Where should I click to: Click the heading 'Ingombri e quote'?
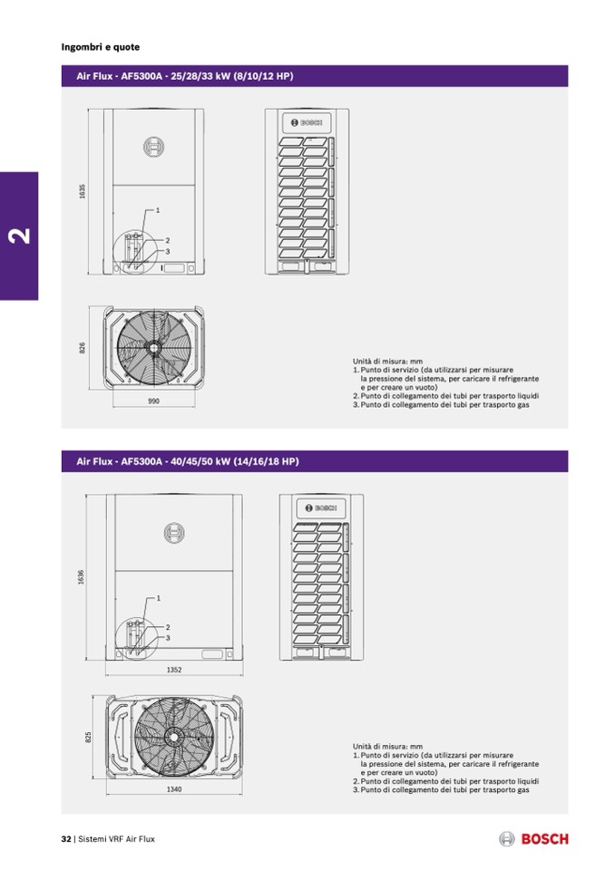pyautogui.click(x=101, y=47)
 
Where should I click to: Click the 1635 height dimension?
pyautogui.click(x=83, y=191)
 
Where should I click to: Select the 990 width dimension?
pyautogui.click(x=153, y=401)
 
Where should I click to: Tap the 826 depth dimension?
pyautogui.click(x=83, y=347)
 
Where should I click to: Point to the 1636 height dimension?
pyautogui.click(x=82, y=577)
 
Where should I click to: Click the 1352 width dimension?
pyautogui.click(x=174, y=670)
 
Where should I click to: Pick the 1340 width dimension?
pyautogui.click(x=174, y=788)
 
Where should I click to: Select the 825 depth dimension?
pyautogui.click(x=88, y=737)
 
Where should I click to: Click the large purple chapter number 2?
pyautogui.click(x=20, y=236)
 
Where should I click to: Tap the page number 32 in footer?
pyautogui.click(x=66, y=839)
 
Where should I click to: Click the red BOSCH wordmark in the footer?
pyautogui.click(x=544, y=839)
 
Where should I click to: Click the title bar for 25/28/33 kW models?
pyautogui.click(x=315, y=76)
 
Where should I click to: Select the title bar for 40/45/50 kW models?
pyautogui.click(x=315, y=461)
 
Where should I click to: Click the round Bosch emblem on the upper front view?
pyautogui.click(x=153, y=147)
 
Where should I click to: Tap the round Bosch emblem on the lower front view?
pyautogui.click(x=174, y=533)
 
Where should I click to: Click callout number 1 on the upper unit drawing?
pyautogui.click(x=158, y=210)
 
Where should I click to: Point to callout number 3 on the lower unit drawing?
pyautogui.click(x=168, y=638)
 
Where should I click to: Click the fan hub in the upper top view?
pyautogui.click(x=151, y=346)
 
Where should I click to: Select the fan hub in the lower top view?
pyautogui.click(x=174, y=736)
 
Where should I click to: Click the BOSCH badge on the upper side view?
pyautogui.click(x=307, y=122)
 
